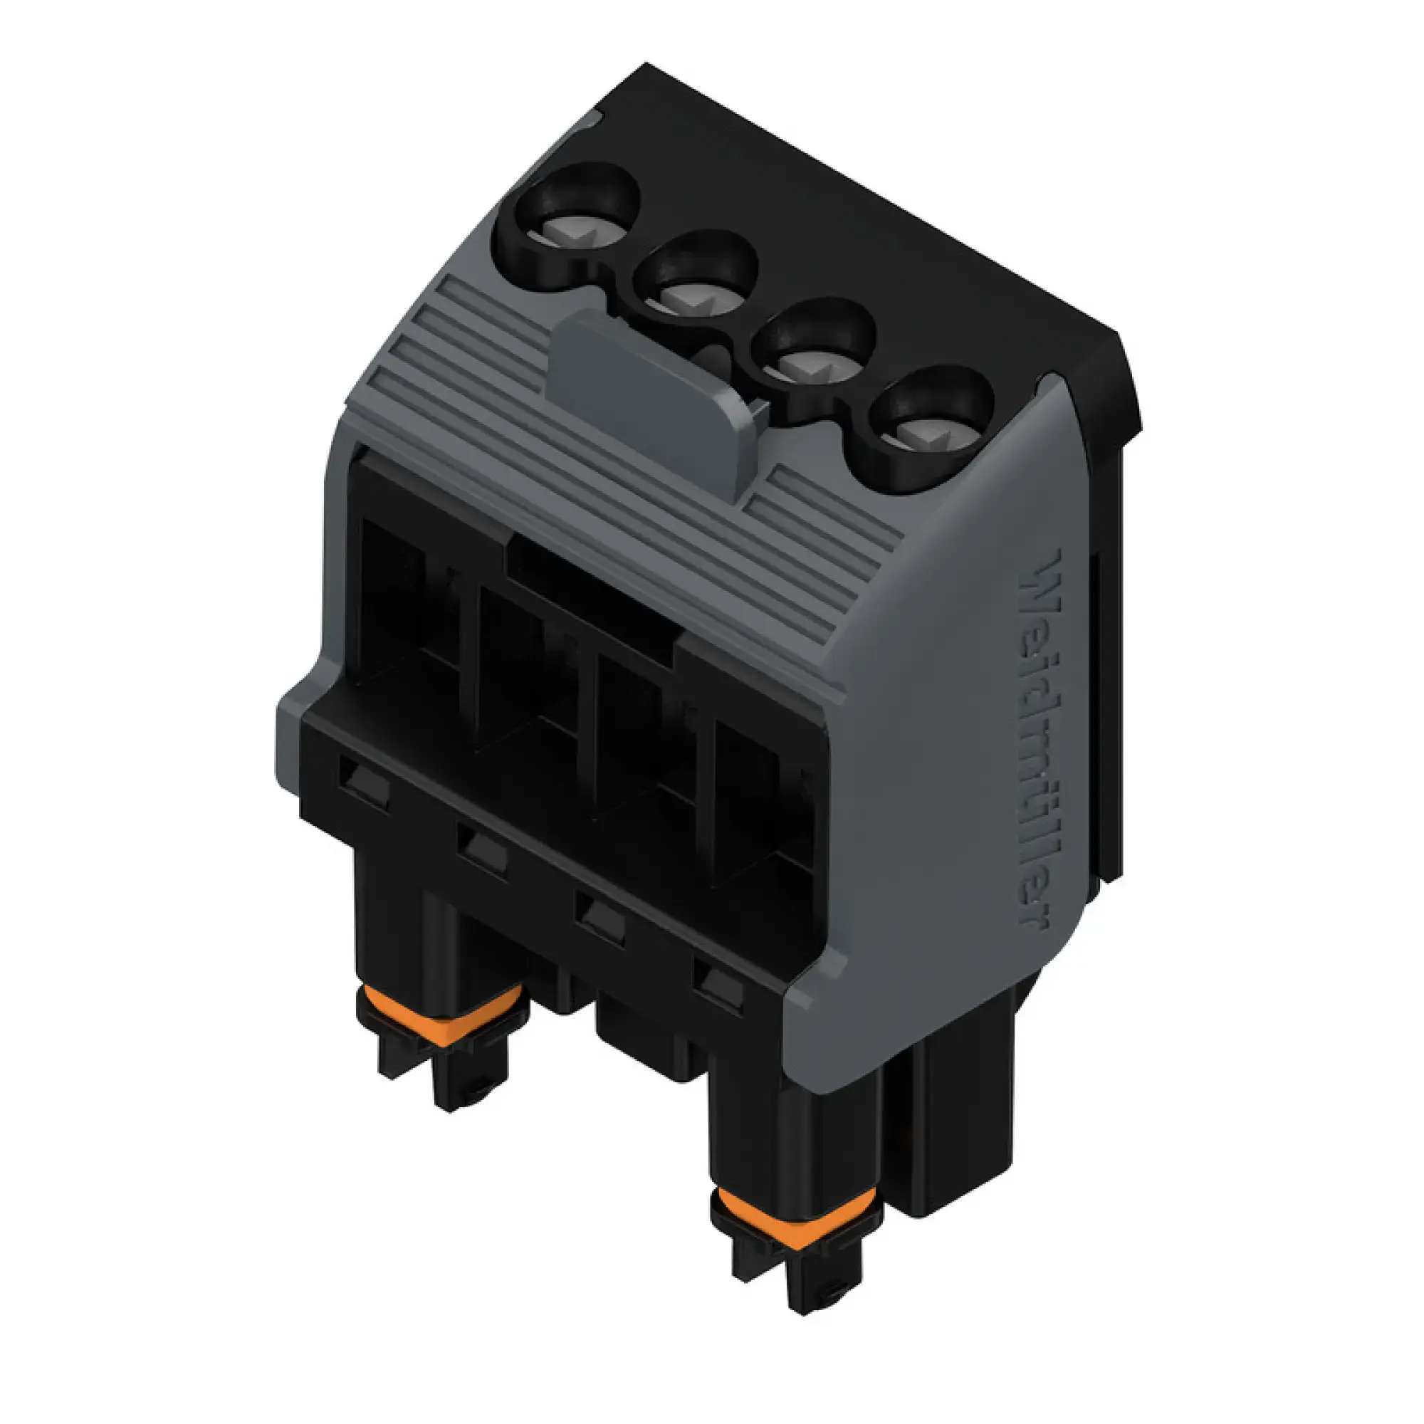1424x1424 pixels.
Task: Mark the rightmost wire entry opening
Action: tap(759, 803)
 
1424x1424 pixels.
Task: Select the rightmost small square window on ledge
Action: tap(721, 983)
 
